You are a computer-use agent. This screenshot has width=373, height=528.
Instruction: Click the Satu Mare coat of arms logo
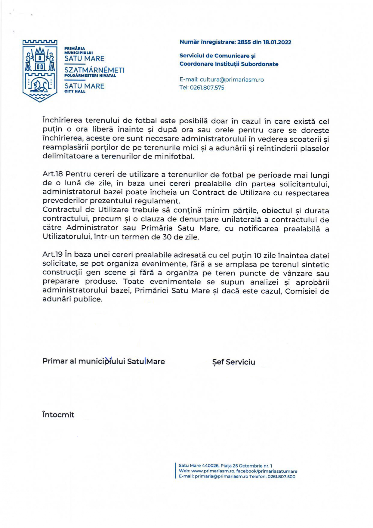40,71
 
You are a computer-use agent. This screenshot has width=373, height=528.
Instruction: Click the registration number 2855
244,42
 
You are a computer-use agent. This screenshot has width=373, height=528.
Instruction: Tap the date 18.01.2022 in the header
277,42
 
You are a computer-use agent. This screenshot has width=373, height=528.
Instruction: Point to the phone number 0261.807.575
207,88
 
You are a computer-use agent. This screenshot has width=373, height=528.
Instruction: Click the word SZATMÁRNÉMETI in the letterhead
94,70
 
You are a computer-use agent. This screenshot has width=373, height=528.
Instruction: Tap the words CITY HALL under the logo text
75,91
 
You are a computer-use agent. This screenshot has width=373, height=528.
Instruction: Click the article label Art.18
53,175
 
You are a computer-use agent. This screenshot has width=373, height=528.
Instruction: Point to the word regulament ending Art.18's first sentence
162,201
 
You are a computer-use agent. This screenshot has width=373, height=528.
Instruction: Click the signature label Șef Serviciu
233,362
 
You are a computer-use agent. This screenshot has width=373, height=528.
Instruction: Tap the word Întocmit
58,415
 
